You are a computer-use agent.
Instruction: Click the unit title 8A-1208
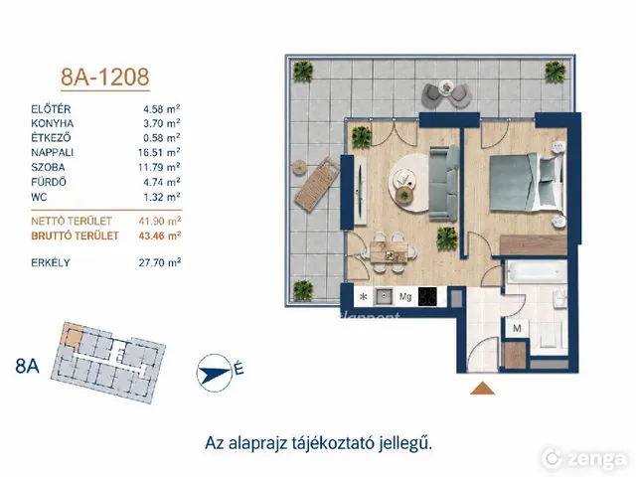(x=105, y=77)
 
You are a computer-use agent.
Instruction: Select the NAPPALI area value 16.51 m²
(x=159, y=152)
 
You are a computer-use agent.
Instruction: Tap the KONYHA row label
(x=53, y=123)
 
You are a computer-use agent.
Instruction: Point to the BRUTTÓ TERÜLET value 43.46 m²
(x=159, y=236)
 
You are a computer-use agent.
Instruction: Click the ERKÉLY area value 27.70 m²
(x=159, y=262)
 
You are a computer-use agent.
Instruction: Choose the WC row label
(x=39, y=197)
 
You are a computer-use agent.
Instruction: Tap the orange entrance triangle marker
(x=482, y=389)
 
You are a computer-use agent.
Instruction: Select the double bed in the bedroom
(x=527, y=183)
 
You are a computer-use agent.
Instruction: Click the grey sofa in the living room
(x=444, y=183)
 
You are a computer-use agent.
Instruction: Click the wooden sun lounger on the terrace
(x=317, y=185)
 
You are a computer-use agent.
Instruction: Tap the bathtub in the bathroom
(x=536, y=271)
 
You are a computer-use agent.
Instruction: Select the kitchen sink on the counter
(x=384, y=297)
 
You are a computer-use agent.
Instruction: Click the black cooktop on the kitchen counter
(x=427, y=296)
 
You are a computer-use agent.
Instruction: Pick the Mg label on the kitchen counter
(x=405, y=297)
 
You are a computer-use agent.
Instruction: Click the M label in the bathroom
(x=517, y=328)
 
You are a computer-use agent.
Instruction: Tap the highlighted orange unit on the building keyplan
(x=72, y=335)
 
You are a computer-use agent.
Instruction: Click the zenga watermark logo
(x=584, y=459)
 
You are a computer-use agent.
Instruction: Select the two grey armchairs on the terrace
(x=446, y=94)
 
